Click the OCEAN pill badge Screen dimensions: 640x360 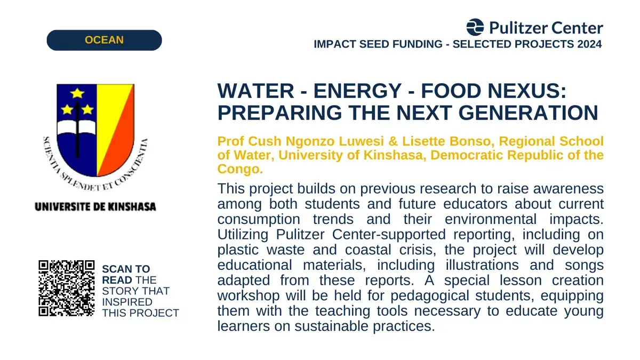tap(105, 41)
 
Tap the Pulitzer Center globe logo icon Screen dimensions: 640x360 tap(475, 27)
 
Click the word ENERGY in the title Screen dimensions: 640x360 tap(358, 91)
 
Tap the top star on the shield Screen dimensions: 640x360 tap(77, 93)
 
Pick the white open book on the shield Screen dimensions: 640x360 tap(77, 127)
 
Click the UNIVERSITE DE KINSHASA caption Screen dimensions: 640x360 tap(95, 207)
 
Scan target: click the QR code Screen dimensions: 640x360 tap(67, 289)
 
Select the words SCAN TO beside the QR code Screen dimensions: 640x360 tap(126, 269)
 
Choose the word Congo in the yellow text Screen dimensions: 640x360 tap(240, 169)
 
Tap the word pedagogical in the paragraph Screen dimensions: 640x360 tap(430, 295)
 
